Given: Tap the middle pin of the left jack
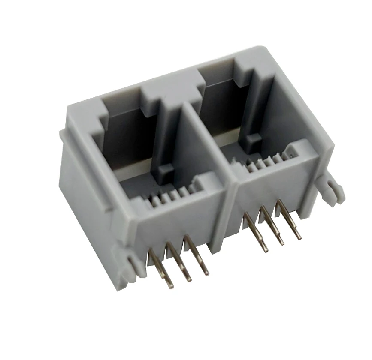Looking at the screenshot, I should coord(178,262).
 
